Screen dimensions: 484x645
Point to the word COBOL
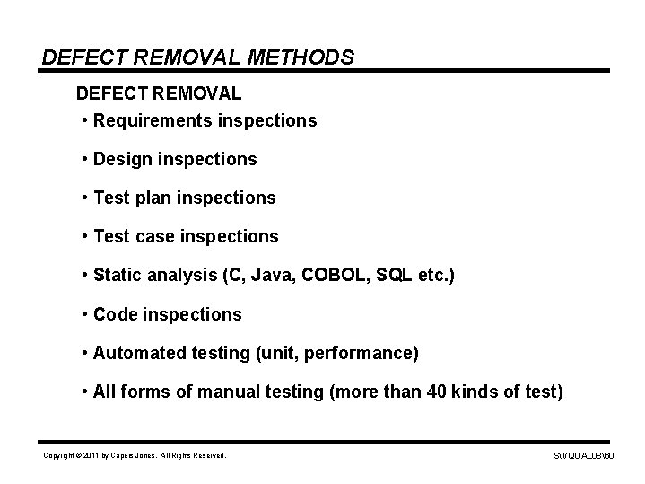[x=326, y=275]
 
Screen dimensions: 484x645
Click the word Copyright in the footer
[x=61, y=456]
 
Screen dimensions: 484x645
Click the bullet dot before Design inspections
[x=83, y=159]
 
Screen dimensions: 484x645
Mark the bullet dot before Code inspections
[x=83, y=314]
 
